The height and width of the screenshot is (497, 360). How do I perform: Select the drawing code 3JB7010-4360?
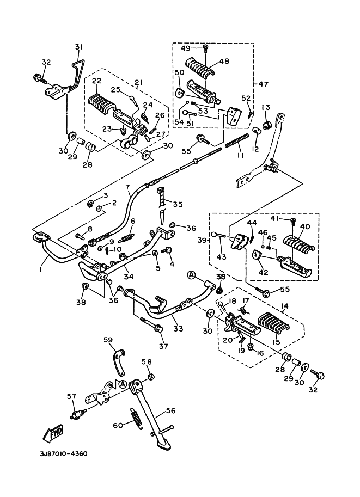click(x=63, y=453)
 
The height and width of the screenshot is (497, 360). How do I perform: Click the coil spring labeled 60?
click(x=136, y=419)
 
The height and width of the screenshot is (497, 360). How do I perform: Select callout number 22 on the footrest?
click(x=96, y=81)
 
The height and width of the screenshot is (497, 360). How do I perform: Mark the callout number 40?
click(x=304, y=226)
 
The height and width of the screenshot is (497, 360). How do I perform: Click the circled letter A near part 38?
click(x=192, y=274)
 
